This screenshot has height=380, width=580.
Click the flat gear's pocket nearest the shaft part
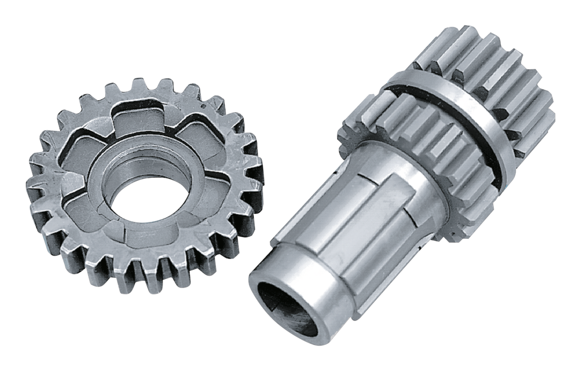[217, 185]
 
